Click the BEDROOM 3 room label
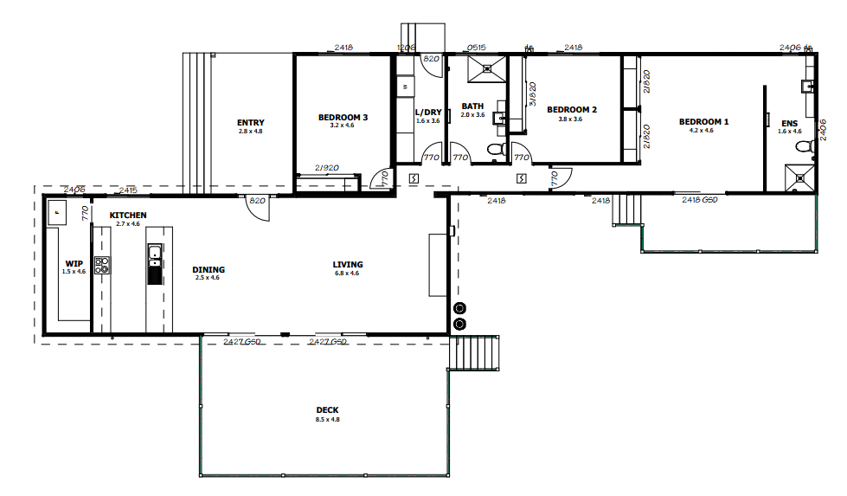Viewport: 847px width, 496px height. pos(343,117)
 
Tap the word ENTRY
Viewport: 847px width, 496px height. pos(250,123)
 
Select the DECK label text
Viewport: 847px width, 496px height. pos(327,410)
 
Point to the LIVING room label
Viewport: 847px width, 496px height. pos(348,265)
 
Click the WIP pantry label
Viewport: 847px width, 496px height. pos(74,264)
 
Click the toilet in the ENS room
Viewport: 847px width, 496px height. pos(804,147)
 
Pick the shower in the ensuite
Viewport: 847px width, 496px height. pos(803,176)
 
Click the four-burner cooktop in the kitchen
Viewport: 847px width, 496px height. pos(102,266)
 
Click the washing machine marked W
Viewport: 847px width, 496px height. pos(405,87)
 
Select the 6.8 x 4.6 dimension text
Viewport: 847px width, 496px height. pos(348,274)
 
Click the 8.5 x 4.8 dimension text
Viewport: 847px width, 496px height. pos(327,419)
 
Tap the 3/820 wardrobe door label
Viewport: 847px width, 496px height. pos(533,93)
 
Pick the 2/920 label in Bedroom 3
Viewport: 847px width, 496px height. pos(326,168)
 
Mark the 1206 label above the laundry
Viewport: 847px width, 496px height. pos(406,48)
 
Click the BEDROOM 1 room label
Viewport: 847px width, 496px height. pos(703,122)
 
